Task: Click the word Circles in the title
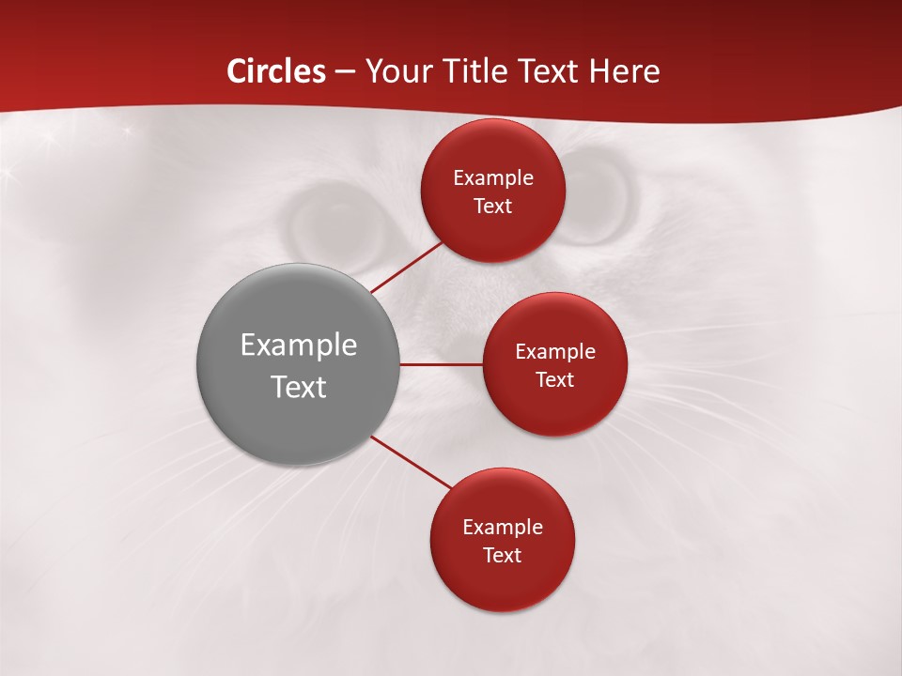click(x=276, y=71)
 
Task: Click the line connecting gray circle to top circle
click(x=406, y=268)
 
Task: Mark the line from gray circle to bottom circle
click(x=411, y=462)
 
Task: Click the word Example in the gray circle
click(x=299, y=345)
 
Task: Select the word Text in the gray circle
click(x=299, y=387)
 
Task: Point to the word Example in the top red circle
click(x=492, y=178)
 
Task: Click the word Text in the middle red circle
click(x=554, y=379)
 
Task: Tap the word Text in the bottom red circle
click(x=502, y=555)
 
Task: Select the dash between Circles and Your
click(x=345, y=72)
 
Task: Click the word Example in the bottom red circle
click(x=502, y=527)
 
